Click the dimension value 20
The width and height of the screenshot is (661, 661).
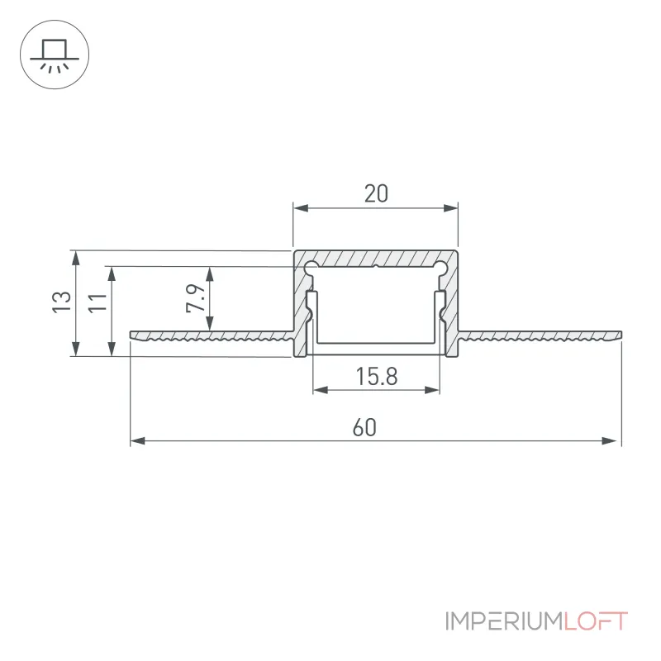tap(376, 193)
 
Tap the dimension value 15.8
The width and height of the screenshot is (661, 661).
tap(377, 377)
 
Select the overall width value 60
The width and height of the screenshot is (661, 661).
tap(364, 427)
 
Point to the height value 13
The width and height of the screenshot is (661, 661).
tap(61, 302)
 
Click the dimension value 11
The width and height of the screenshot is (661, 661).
tap(97, 302)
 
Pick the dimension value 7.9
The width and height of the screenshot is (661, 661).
tap(195, 298)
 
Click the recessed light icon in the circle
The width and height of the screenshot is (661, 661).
tap(55, 55)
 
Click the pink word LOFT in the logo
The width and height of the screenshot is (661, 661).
tap(596, 621)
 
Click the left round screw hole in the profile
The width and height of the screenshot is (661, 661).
tap(311, 267)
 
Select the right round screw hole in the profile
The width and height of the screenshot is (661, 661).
tap(440, 267)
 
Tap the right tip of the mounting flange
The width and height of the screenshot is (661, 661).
tap(622, 335)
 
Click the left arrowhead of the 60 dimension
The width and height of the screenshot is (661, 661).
tap(137, 441)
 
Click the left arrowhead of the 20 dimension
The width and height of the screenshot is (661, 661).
tap(301, 208)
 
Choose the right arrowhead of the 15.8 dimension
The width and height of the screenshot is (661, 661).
tap(432, 390)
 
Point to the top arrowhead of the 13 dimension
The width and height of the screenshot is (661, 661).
tap(76, 258)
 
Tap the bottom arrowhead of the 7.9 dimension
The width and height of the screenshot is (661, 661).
tap(210, 323)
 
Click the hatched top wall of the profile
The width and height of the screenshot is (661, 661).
tap(376, 258)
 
